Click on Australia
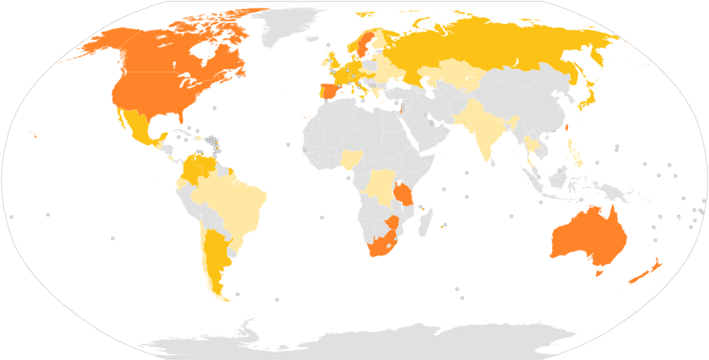[x=590, y=237]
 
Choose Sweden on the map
[x=364, y=45]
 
